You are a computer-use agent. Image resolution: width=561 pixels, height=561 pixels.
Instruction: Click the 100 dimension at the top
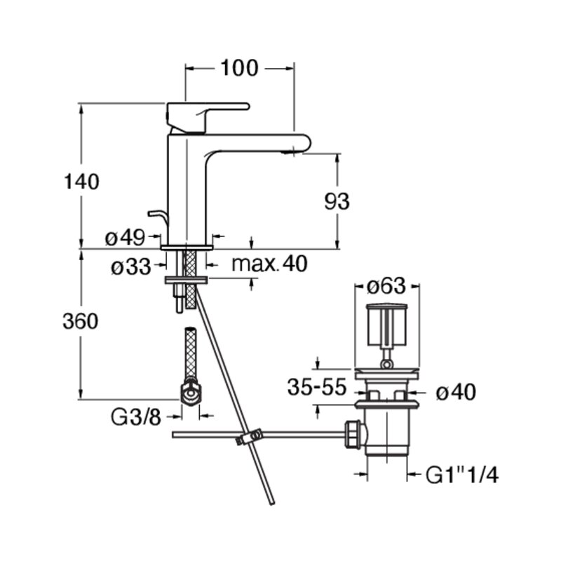pos(239,68)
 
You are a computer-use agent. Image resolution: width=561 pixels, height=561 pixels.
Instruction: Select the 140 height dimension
pos(81,182)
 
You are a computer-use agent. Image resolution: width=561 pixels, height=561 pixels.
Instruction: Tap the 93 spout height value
pos(337,201)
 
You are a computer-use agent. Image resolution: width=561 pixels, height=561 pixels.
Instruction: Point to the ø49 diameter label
pos(125,237)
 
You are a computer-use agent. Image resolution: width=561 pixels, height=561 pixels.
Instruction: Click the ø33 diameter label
pos(131,266)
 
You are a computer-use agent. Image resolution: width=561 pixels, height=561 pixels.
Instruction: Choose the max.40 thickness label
pos(269,264)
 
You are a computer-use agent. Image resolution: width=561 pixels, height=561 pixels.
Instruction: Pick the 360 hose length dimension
pos(81,321)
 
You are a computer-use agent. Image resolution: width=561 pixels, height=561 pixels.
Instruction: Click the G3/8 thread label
pos(136,417)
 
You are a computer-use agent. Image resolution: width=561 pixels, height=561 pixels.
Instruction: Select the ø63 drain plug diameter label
pos(387,286)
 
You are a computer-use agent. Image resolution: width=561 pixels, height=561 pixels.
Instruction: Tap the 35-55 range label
pos(318,387)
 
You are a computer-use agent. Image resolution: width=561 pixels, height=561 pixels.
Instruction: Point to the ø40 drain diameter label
pos(456,392)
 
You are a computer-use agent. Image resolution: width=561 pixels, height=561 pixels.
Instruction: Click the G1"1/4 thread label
pos(462,475)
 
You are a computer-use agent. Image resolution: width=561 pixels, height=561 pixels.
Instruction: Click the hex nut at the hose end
pos(191,393)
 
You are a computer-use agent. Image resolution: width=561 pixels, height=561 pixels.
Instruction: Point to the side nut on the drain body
pos(354,435)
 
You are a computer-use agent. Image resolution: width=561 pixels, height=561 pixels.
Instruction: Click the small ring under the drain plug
pos(386,364)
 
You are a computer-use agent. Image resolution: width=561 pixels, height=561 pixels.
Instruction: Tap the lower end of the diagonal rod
pos(271,503)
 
